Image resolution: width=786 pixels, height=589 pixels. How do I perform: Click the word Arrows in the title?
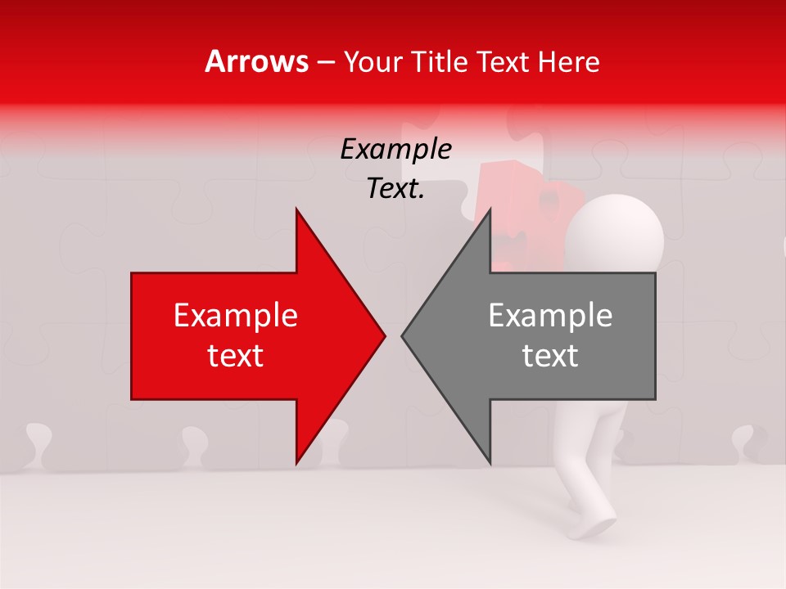tap(256, 62)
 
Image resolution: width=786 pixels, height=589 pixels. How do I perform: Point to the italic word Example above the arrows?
tap(395, 150)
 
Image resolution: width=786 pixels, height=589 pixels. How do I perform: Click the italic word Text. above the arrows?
tap(395, 189)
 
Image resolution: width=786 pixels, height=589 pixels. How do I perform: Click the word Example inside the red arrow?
tap(236, 315)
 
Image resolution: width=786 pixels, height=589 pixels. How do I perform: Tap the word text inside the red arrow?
tap(236, 356)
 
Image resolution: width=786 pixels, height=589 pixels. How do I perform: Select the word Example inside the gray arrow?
tap(550, 315)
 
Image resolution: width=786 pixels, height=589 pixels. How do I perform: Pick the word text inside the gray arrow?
tap(550, 356)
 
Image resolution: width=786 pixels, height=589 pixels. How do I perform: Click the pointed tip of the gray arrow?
tap(403, 335)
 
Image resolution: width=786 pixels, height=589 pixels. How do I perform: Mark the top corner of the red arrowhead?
tap(296, 209)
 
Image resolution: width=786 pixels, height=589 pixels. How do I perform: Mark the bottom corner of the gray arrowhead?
tap(490, 463)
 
